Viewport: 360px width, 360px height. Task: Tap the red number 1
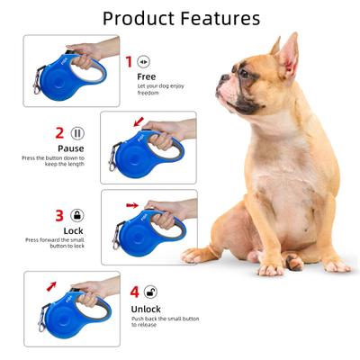128,61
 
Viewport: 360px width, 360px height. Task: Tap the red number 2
59,132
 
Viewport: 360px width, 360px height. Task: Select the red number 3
59,216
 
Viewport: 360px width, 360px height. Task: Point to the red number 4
134,292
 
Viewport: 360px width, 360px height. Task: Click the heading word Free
147,76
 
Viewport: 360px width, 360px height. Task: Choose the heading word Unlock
148,309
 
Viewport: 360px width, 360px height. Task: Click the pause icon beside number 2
78,132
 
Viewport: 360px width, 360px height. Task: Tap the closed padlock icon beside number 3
78,216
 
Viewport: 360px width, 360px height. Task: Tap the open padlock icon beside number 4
150,292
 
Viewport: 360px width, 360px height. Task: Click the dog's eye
243,72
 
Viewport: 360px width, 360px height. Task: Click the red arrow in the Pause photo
138,121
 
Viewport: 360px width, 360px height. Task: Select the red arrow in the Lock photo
133,205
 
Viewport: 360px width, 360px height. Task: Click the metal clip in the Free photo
38,85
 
